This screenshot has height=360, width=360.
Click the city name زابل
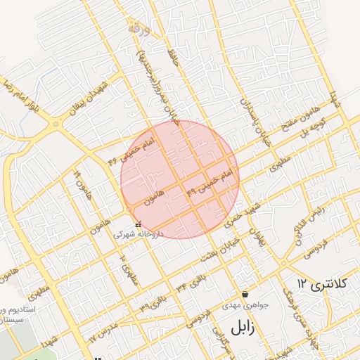(x=240, y=326)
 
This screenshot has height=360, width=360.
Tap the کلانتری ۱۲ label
(x=323, y=284)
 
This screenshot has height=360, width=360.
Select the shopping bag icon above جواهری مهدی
(x=244, y=294)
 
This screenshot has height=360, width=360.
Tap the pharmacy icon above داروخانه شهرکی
(x=137, y=224)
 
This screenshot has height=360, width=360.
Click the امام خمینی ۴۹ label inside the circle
(x=208, y=181)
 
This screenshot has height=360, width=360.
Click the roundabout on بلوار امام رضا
(x=54, y=124)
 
